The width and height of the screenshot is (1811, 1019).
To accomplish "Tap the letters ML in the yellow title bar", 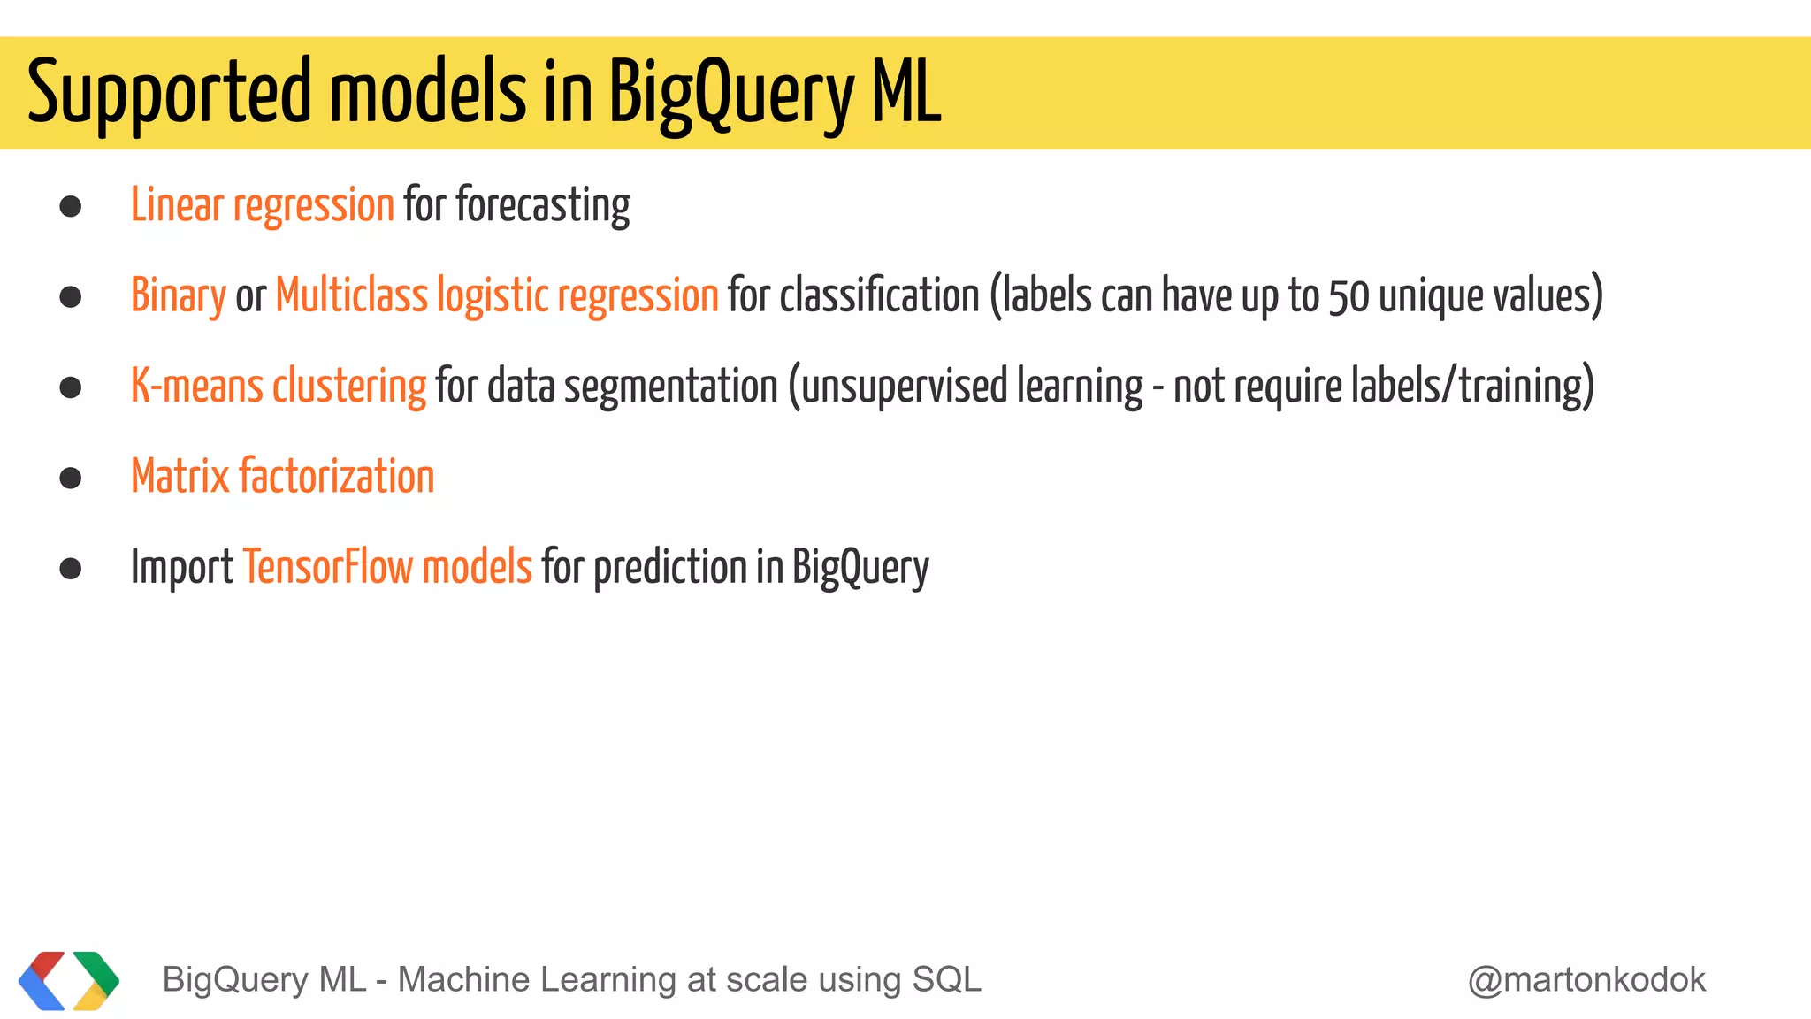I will (x=905, y=92).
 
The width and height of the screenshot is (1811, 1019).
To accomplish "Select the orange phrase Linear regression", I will (x=262, y=205).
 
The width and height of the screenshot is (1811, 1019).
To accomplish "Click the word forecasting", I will (x=542, y=205).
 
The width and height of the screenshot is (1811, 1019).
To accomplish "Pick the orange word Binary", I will (x=179, y=296).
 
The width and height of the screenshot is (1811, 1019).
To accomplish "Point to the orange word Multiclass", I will (x=351, y=295).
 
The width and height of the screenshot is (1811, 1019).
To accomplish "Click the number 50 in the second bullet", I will (x=1349, y=297).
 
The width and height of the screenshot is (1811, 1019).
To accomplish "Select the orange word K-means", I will (x=196, y=387).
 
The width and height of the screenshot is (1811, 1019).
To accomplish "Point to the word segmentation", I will (x=670, y=387).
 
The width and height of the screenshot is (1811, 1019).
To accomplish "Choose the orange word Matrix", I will (x=180, y=477).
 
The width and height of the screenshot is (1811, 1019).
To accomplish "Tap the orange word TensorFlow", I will (x=327, y=567).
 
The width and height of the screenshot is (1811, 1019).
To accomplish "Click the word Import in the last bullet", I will (x=181, y=568).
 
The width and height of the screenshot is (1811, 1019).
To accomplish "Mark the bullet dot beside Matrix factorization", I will (x=71, y=479).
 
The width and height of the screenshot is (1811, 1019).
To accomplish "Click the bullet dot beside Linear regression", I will (x=71, y=207).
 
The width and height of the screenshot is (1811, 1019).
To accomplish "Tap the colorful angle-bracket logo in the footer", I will (x=69, y=980).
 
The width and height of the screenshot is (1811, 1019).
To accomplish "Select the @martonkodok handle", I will (x=1586, y=980).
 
